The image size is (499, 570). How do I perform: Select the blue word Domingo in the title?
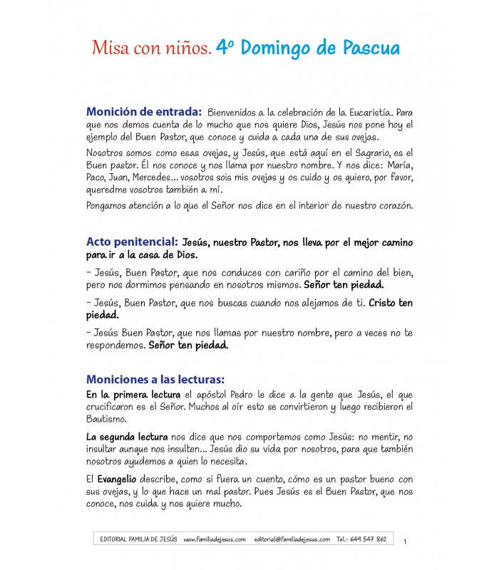280,48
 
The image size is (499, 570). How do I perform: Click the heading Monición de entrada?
144,112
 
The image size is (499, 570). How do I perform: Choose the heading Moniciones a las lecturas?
155,379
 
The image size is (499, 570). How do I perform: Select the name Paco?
96,179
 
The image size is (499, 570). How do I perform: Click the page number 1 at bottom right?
405,542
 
